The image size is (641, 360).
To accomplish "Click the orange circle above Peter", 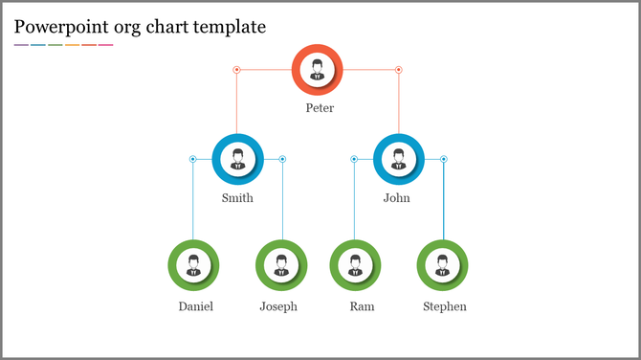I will (317, 69).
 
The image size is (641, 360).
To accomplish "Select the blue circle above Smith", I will (237, 158).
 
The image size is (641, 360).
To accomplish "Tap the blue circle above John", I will (398, 158).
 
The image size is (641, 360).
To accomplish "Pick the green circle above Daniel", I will (193, 265).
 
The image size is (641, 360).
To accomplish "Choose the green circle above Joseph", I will (281, 265).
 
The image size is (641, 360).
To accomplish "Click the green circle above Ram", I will (355, 265).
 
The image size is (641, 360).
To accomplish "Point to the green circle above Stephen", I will (443, 265).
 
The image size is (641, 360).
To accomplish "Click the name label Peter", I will (320, 108).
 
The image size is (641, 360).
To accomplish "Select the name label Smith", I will (237, 198).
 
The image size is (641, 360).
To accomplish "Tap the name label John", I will (396, 198).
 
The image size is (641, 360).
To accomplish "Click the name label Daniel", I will (195, 306).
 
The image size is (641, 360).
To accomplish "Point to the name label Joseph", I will (278, 306).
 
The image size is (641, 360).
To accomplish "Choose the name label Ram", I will (362, 306).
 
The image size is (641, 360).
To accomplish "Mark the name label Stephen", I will (445, 306).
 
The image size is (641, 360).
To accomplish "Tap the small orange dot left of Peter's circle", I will (236, 69).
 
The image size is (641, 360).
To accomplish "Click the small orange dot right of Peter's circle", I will (399, 69).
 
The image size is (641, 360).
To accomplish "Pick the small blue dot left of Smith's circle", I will (192, 158).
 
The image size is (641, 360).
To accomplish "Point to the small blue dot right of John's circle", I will (443, 158).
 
